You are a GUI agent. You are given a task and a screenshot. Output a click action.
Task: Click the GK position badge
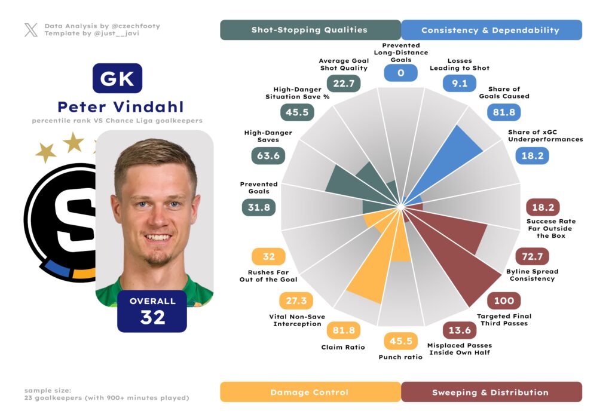117,78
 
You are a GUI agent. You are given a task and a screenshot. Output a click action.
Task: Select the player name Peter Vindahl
121,107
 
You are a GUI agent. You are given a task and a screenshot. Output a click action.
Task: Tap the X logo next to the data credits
31,30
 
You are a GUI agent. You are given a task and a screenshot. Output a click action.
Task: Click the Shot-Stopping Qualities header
310,30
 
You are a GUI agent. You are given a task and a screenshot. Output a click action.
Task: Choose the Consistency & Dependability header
490,30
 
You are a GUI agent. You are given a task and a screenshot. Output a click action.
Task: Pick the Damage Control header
310,392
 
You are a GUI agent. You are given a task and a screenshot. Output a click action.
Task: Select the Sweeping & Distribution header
490,392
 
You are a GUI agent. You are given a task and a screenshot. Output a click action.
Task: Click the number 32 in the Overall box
152,317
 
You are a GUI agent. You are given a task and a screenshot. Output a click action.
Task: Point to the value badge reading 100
504,301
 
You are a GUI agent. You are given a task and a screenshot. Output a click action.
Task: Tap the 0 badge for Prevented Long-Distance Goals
400,73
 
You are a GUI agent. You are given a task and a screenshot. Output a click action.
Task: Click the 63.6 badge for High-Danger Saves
268,155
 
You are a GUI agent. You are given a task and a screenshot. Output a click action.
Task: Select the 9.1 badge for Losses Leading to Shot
459,84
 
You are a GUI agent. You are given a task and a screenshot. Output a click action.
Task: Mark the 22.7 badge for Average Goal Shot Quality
344,84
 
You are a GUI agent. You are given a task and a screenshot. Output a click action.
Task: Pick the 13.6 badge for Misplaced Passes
459,330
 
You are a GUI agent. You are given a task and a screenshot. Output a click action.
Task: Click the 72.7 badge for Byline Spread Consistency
532,256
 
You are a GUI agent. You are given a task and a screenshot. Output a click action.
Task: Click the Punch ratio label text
400,357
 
